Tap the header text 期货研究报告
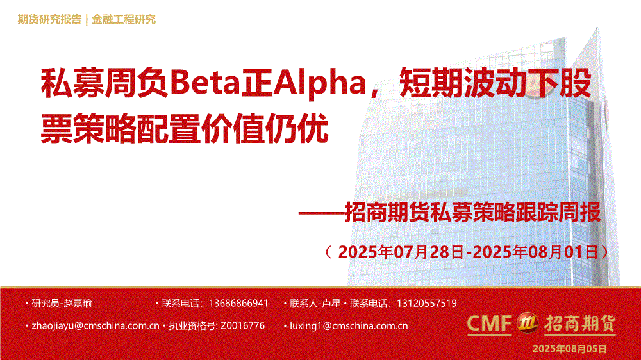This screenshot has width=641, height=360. [x=49, y=19]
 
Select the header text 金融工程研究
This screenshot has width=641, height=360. [x=124, y=19]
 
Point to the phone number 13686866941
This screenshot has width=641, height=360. [x=238, y=303]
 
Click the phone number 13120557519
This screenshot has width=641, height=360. [x=427, y=303]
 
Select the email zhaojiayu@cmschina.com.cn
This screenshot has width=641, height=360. [x=96, y=325]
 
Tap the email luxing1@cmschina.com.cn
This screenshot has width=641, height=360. [x=349, y=325]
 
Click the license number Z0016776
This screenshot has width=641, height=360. [x=242, y=325]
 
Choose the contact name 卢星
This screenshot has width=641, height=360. [x=331, y=303]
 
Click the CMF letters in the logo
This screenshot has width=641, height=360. [x=489, y=323]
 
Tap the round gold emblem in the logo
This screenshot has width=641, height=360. [x=528, y=322]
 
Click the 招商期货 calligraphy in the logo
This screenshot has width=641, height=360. [x=579, y=323]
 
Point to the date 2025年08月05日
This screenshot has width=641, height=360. [x=569, y=348]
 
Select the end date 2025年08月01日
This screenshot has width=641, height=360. [x=535, y=252]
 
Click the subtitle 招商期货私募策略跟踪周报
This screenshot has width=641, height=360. [x=473, y=212]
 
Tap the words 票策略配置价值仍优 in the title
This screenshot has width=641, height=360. [x=185, y=128]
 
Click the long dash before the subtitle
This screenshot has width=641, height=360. [x=321, y=213]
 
